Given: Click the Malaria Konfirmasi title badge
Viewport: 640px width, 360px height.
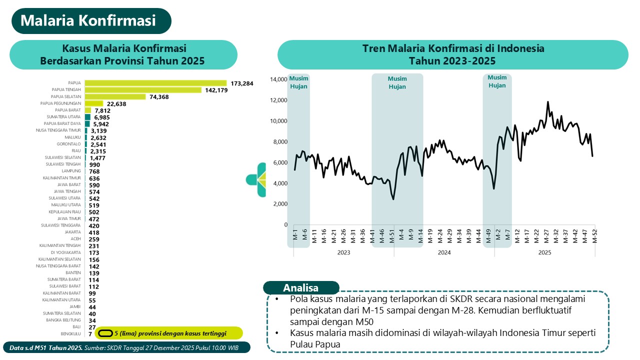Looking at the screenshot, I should click(91, 21).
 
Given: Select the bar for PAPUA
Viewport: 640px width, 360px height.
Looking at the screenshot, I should click(155, 83).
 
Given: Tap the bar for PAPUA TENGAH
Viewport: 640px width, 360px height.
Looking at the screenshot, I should click(143, 90).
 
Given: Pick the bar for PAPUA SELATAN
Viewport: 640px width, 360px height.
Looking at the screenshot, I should click(115, 96).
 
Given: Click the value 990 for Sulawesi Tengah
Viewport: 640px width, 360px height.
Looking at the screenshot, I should click(94, 164).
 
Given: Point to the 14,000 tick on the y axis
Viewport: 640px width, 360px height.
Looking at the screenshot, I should click(279, 79).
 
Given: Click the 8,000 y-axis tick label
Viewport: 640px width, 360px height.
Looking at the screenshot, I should click(280, 141).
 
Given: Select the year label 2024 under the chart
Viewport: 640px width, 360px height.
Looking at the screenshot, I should click(444, 252).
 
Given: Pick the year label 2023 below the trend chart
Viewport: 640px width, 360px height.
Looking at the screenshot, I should click(343, 252).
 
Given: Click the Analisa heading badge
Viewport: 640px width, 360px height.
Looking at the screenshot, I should click(301, 287).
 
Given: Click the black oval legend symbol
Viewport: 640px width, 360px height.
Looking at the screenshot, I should click(105, 333).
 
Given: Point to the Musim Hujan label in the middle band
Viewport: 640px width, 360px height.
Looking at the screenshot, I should click(397, 82).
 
